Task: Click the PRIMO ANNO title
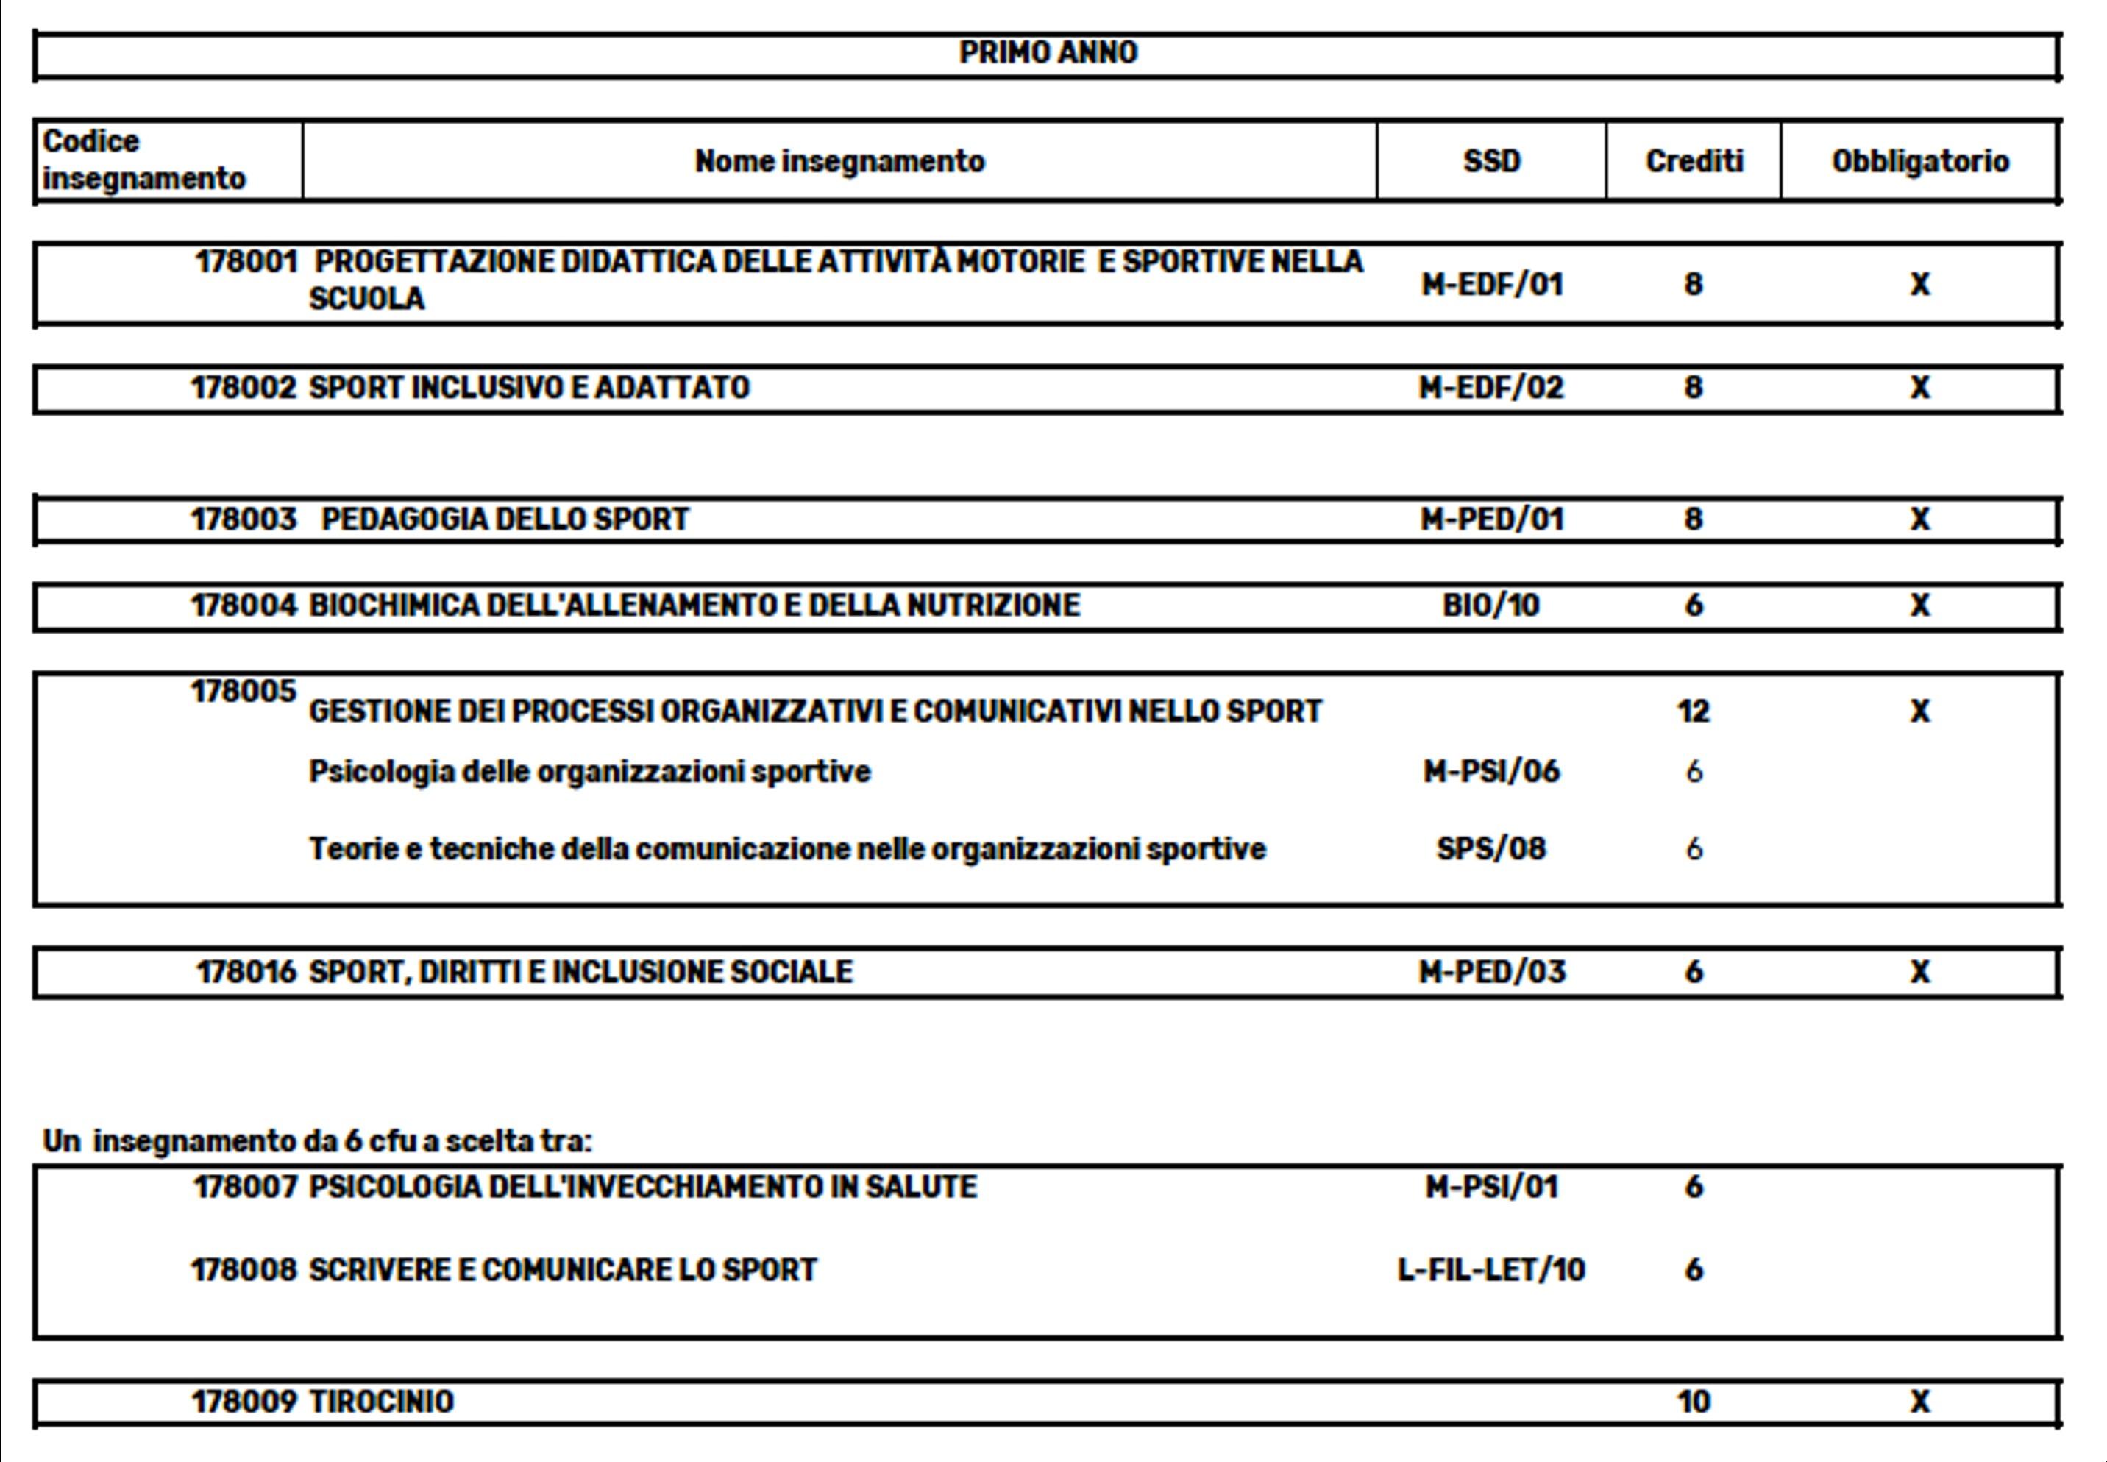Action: tap(1048, 52)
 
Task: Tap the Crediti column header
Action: tap(1694, 161)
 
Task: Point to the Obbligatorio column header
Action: tap(1920, 161)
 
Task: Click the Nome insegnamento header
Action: tap(839, 161)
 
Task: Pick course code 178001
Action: tap(246, 262)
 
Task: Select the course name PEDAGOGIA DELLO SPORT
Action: tap(505, 519)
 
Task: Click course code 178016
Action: tap(246, 972)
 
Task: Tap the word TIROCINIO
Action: tap(381, 1402)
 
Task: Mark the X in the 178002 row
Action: tap(1920, 388)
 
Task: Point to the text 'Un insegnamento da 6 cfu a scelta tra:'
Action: tap(318, 1141)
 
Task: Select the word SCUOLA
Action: tap(366, 299)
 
